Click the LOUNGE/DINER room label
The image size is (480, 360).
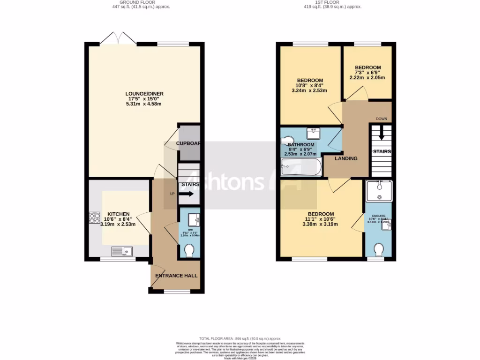point(144,94)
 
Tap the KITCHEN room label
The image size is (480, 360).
point(118,214)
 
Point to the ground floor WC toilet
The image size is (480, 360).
point(190,251)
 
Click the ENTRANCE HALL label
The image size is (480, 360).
point(176,276)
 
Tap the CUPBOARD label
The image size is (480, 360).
point(188,143)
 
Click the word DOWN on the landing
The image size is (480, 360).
point(381,119)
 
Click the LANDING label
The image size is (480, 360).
point(346,158)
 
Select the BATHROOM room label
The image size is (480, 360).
point(300,145)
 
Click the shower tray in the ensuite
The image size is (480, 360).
point(379,191)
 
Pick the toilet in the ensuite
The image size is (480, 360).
point(379,248)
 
